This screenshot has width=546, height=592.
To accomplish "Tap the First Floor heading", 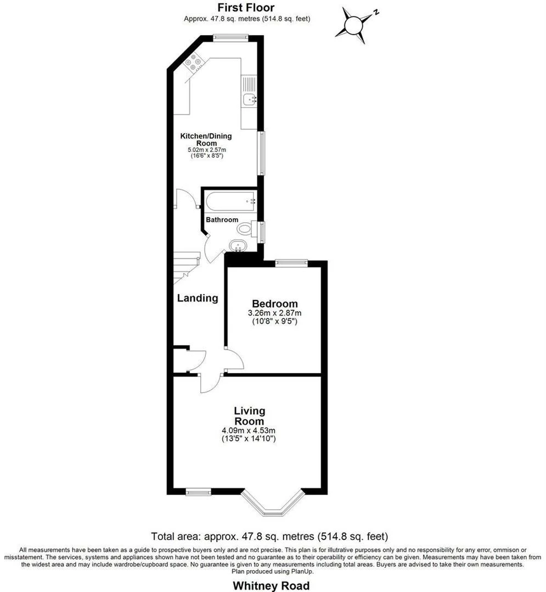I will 246,8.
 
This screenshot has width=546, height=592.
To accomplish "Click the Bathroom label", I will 222,220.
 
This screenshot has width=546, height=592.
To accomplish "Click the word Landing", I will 198,298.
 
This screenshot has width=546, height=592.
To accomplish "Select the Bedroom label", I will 274,304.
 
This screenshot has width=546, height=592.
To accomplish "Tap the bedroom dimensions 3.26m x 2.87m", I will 274,314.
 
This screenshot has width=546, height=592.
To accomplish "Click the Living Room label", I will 249,416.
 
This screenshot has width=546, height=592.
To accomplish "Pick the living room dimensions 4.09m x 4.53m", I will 249,430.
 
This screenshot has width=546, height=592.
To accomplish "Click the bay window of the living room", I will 273,507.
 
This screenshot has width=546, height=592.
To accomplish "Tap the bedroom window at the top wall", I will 291,263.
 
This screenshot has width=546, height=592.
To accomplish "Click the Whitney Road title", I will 271,585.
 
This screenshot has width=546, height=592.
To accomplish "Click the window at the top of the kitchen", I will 230,38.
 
